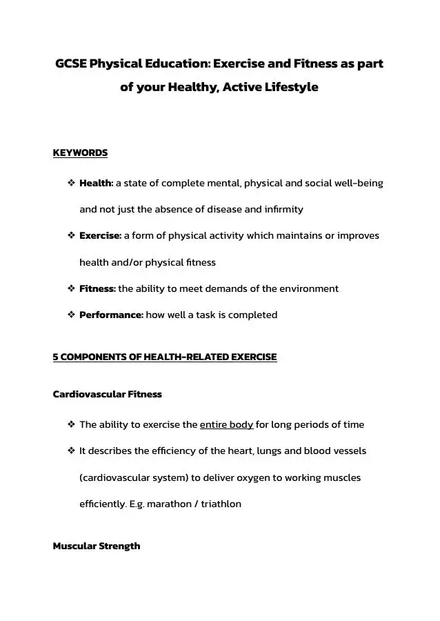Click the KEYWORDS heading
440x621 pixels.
80,153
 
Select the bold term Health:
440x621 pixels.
96,184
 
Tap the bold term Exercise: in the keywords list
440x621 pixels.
100,236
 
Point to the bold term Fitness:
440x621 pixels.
97,288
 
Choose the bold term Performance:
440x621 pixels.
111,315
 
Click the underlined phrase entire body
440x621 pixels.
226,424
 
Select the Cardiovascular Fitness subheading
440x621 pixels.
107,395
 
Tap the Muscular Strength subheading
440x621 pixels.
96,546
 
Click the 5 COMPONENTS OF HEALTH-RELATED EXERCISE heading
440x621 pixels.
165,357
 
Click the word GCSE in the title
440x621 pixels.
70,64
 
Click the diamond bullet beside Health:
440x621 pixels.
71,184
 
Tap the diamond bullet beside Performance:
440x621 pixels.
71,315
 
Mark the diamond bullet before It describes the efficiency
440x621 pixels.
71,451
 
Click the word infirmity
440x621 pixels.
279,209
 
